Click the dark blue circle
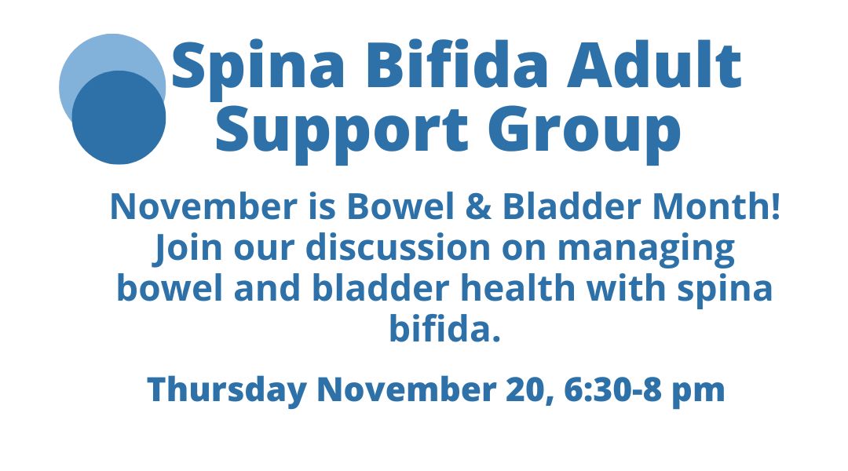(x=119, y=117)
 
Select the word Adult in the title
(x=654, y=65)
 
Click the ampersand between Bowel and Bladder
(x=478, y=206)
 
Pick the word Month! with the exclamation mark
(x=717, y=206)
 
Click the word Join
(x=187, y=248)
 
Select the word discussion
(x=397, y=247)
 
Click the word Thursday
(x=227, y=390)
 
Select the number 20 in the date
(x=524, y=390)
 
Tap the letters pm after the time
(x=698, y=392)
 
